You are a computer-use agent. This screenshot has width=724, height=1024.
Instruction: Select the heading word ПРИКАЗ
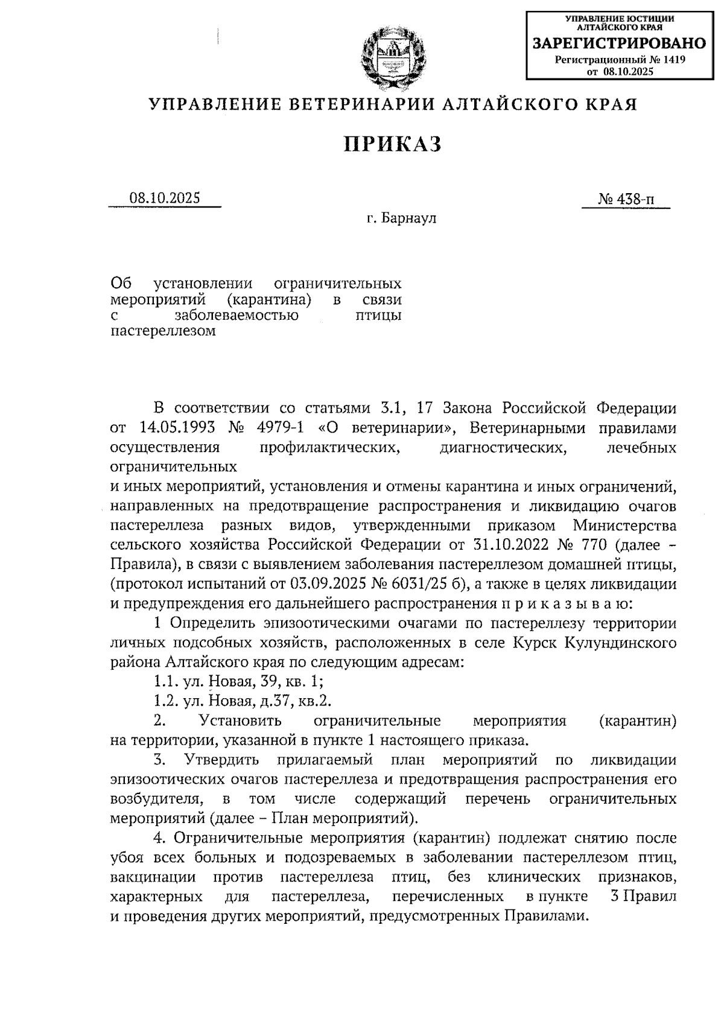click(393, 144)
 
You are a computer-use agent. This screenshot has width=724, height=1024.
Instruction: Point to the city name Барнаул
click(409, 218)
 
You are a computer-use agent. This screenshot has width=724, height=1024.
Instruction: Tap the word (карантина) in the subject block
click(269, 299)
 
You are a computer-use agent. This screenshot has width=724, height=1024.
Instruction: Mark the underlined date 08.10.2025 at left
click(164, 199)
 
